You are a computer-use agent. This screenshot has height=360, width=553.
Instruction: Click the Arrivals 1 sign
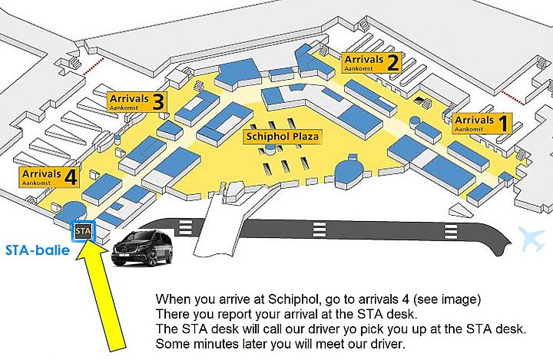[x=482, y=124]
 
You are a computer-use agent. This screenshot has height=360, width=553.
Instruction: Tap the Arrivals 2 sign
[x=372, y=63]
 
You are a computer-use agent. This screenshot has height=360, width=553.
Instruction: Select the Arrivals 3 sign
[x=137, y=102]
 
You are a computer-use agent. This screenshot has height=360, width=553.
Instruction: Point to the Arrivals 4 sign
[x=49, y=177]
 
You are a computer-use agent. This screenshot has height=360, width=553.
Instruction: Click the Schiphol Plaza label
[x=282, y=137]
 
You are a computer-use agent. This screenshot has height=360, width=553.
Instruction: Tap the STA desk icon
[x=83, y=231]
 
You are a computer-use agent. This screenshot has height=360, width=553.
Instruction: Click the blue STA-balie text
[x=38, y=250]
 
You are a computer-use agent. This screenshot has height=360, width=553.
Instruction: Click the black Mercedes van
[x=142, y=247]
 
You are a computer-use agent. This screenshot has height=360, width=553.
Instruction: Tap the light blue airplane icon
[x=531, y=239]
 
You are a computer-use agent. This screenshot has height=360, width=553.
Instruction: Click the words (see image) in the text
[x=447, y=299]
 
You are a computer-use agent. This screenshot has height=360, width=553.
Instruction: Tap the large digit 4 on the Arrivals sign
[x=71, y=177]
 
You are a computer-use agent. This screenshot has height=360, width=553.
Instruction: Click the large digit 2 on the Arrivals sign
[x=393, y=63]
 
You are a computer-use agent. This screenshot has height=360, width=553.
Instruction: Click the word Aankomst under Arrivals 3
[x=124, y=107]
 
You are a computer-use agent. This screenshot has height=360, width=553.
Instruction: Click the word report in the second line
[x=233, y=314]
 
